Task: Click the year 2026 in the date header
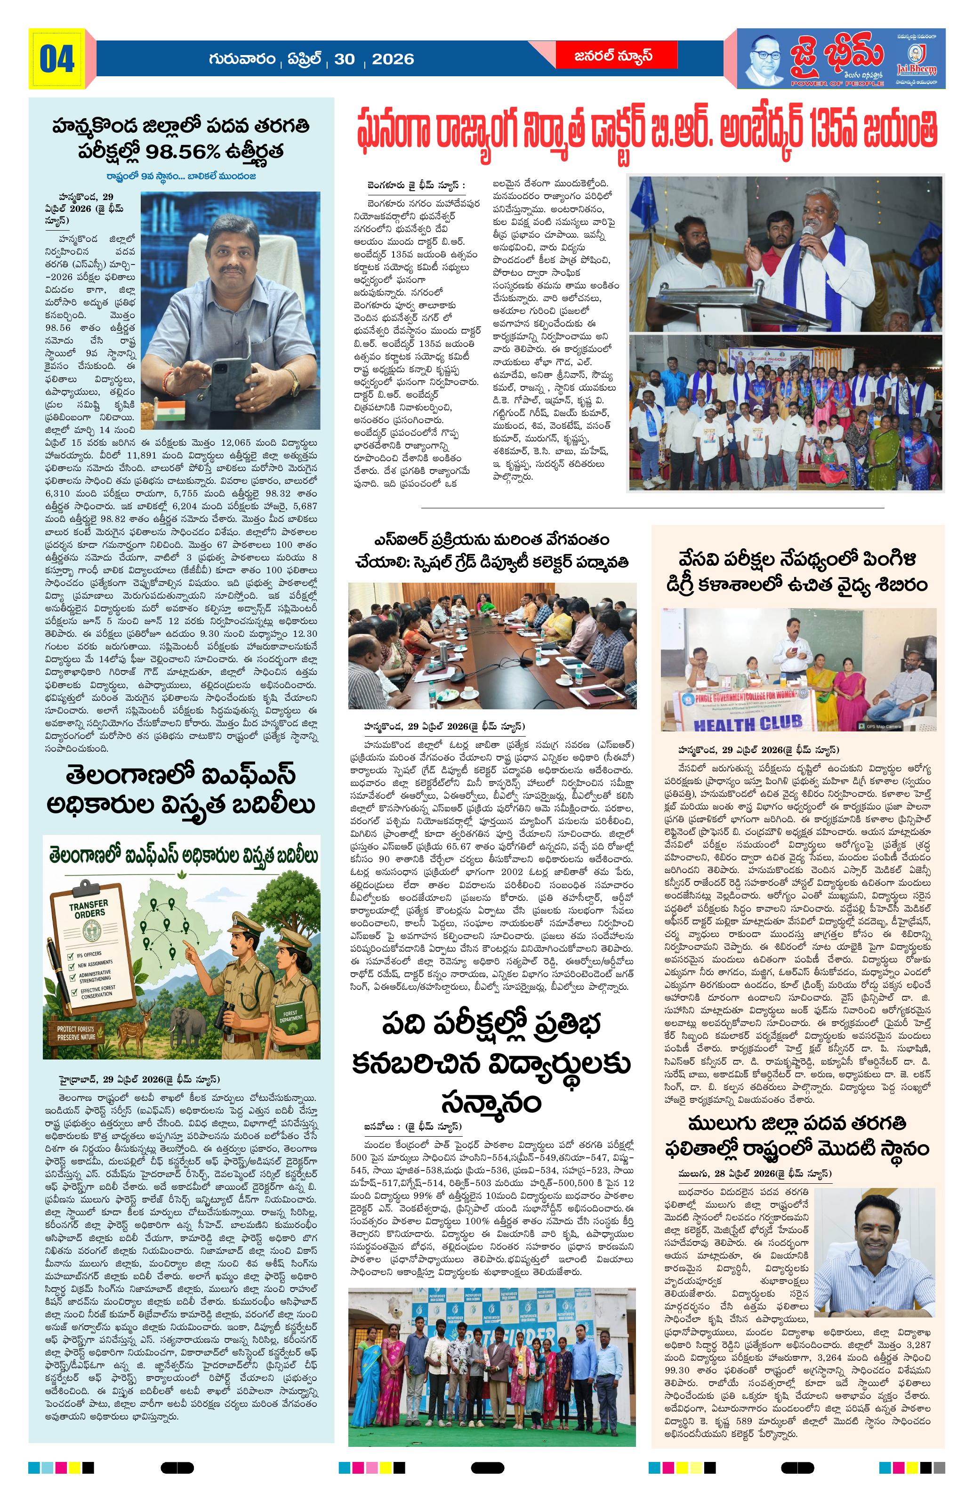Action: coord(392,59)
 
